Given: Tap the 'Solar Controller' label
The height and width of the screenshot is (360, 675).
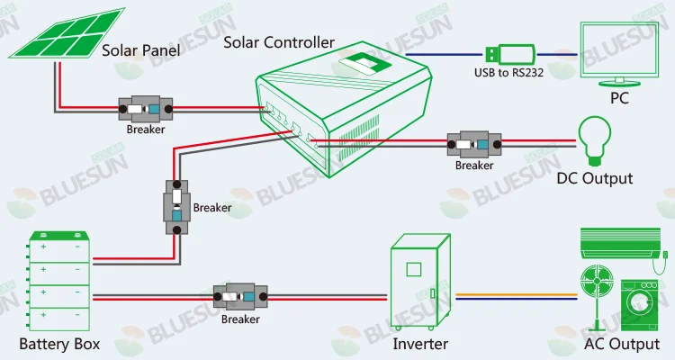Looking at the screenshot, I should [x=279, y=42].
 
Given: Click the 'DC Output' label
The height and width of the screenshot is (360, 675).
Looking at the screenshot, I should [x=595, y=178].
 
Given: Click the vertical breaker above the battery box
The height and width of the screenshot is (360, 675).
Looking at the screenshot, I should [x=176, y=208].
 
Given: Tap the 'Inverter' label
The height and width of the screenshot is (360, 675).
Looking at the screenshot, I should [x=420, y=344].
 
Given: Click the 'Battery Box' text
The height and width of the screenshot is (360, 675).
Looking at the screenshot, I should [x=59, y=344].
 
